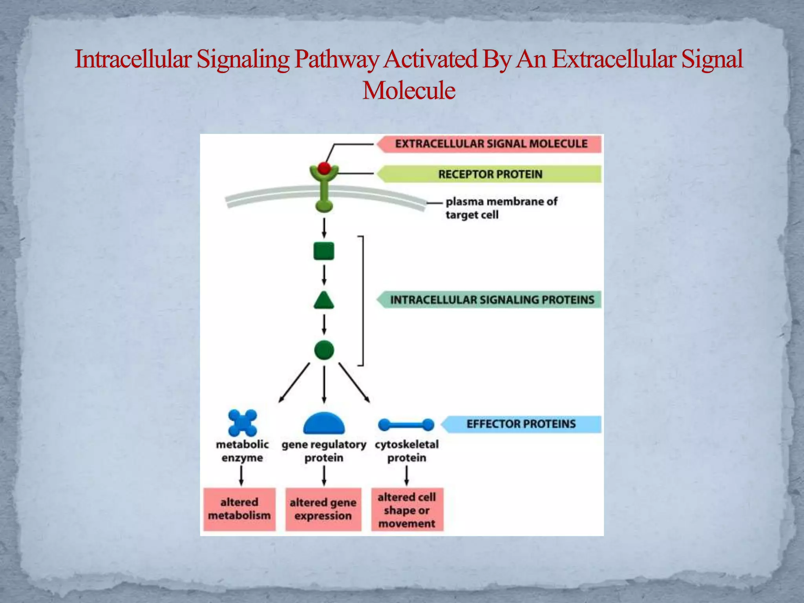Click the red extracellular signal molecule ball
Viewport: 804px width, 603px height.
coord(324,168)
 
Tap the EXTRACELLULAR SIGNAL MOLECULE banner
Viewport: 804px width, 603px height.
coord(491,144)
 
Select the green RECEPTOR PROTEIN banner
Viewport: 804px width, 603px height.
coord(490,174)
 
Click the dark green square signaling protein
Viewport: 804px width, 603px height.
coord(324,251)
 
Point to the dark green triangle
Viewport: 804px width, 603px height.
coord(324,301)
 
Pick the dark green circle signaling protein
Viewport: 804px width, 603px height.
coord(324,350)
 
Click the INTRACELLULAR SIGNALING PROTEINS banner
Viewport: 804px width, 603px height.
coord(492,300)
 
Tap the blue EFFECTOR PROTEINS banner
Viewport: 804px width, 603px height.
coord(521,424)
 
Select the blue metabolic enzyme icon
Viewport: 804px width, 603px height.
coord(243,423)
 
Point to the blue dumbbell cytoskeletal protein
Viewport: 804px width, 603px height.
coord(406,424)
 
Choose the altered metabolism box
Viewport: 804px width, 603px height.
coord(239,509)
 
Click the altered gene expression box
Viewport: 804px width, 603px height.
coord(323,509)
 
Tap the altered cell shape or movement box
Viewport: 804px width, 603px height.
coord(407,510)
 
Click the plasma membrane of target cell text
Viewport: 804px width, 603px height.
coord(501,208)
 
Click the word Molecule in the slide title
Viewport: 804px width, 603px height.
coord(409,91)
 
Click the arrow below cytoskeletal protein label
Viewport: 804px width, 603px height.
coord(407,475)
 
